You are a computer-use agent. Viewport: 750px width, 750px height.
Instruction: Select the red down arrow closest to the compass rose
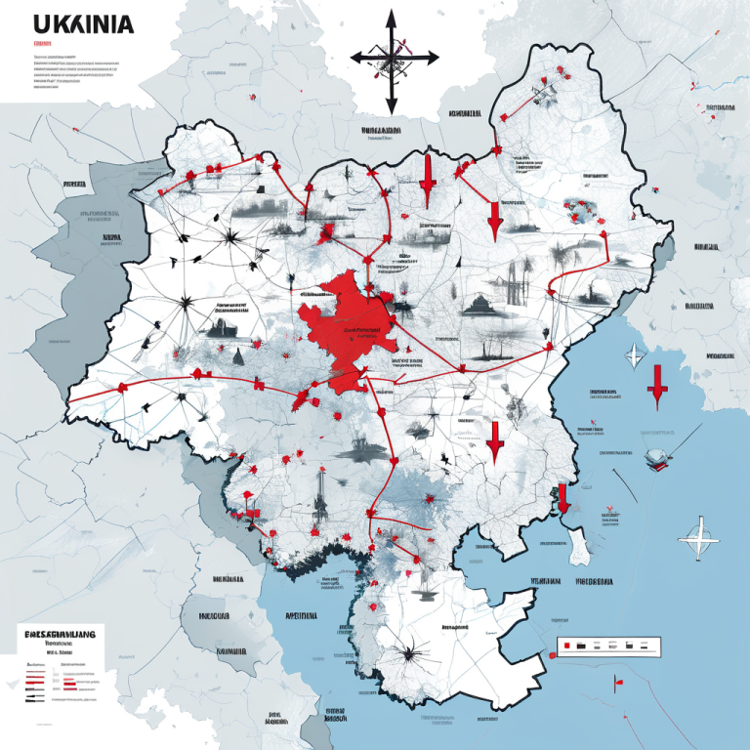pyautogui.click(x=427, y=181)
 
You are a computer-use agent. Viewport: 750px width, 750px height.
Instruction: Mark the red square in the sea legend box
pyautogui.click(x=563, y=646)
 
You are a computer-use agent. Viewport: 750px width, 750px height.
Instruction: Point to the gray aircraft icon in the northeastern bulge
pyautogui.click(x=542, y=97)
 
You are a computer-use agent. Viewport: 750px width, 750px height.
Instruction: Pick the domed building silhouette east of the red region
pyautogui.click(x=476, y=305)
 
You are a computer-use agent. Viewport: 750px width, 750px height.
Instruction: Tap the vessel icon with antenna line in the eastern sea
pyautogui.click(x=654, y=457)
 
